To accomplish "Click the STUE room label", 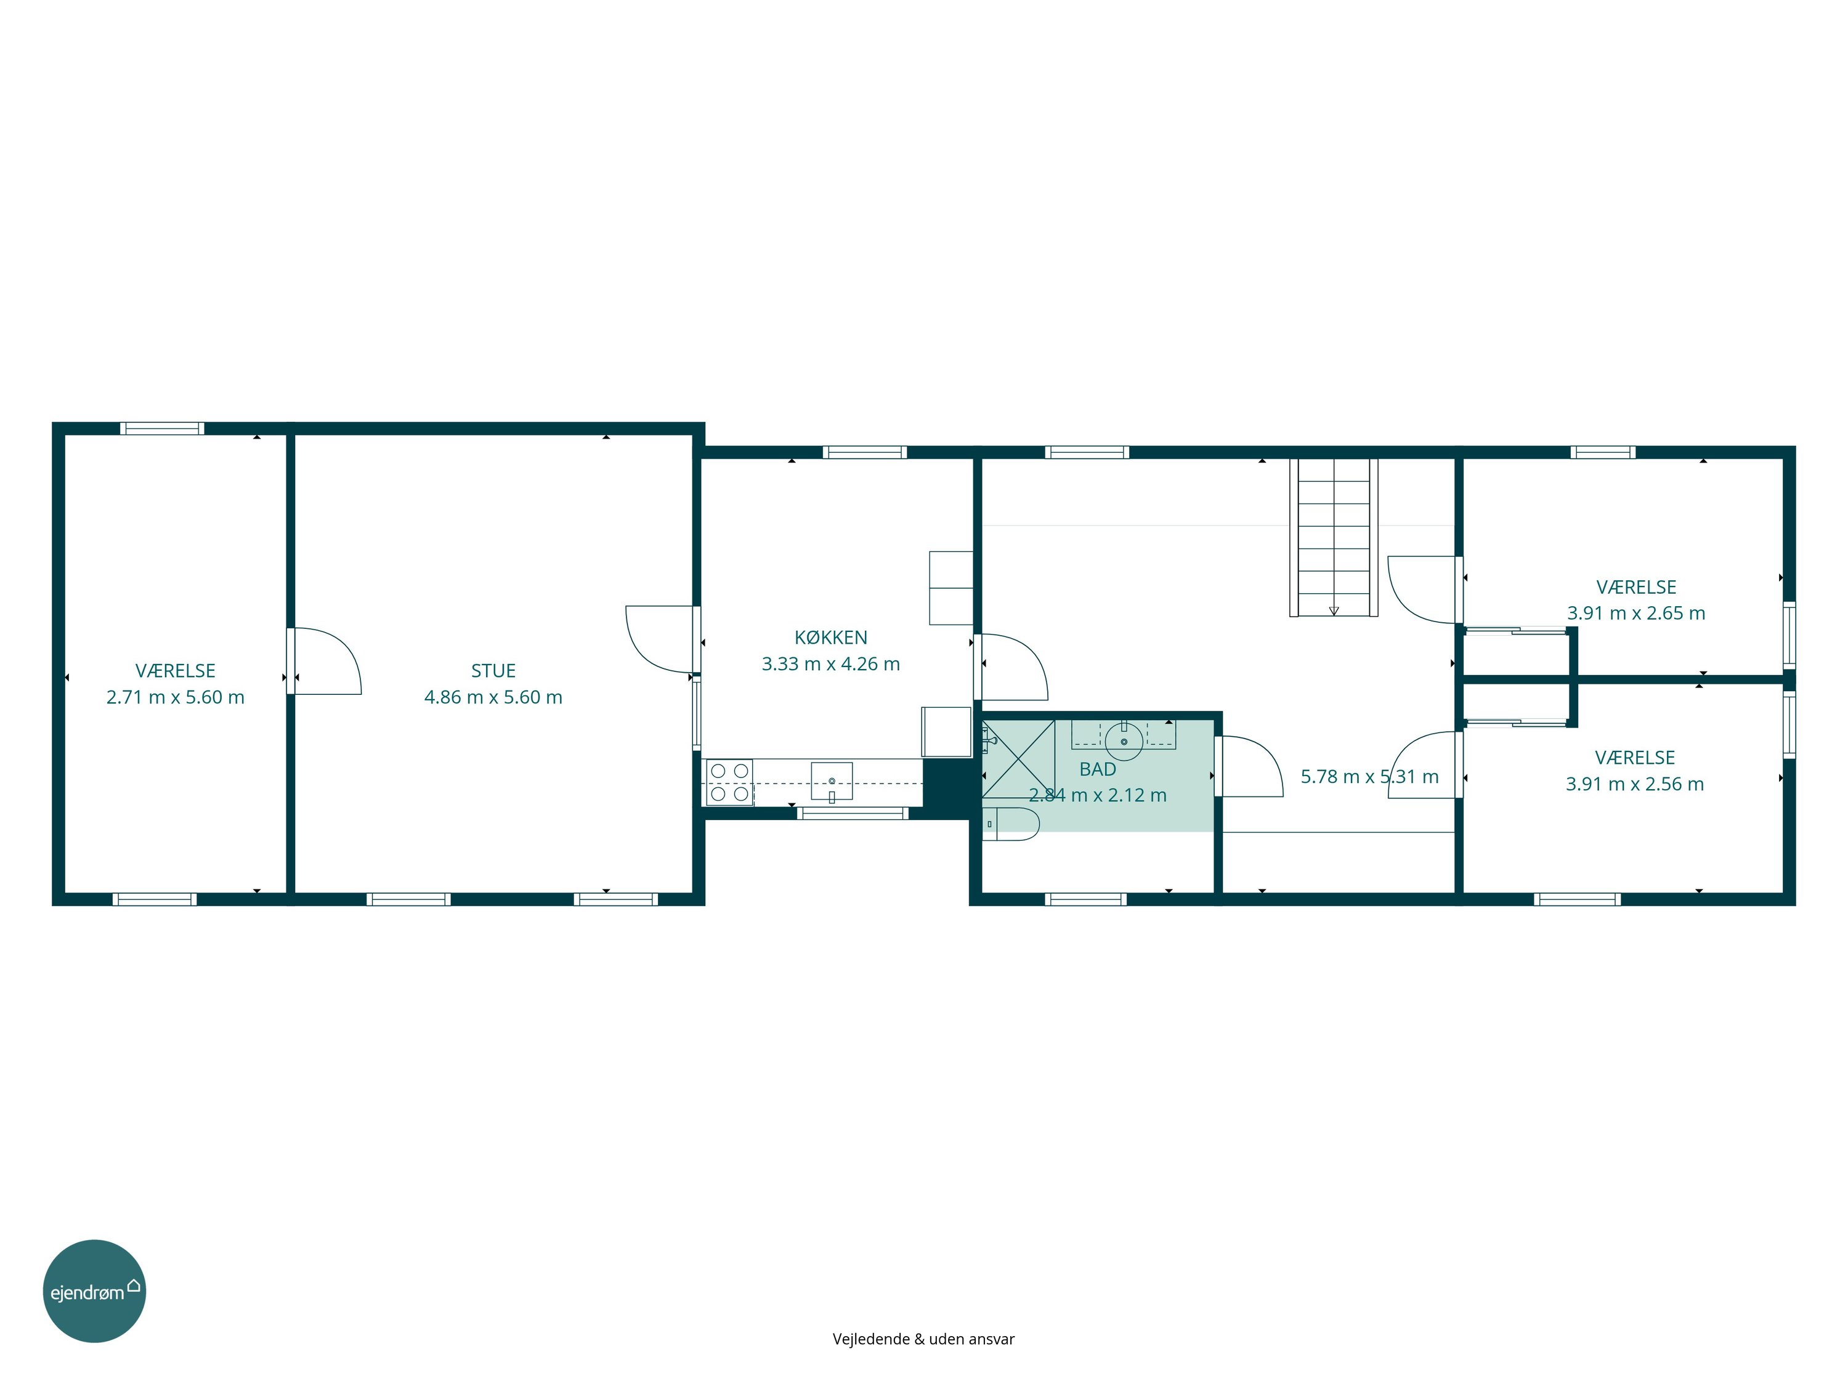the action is [x=493, y=671].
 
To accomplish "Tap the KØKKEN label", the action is [x=830, y=638].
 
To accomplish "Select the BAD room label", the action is [x=1098, y=769].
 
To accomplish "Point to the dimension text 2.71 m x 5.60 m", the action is [x=176, y=697].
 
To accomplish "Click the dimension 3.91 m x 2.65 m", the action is [x=1636, y=613].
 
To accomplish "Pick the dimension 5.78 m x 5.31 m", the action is [x=1369, y=777].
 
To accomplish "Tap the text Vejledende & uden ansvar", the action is [x=923, y=1339].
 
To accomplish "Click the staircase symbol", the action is [x=1334, y=537].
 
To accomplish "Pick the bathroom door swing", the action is [x=1248, y=766].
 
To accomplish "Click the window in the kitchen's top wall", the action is [x=865, y=453].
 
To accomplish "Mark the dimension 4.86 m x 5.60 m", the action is [x=493, y=697].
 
